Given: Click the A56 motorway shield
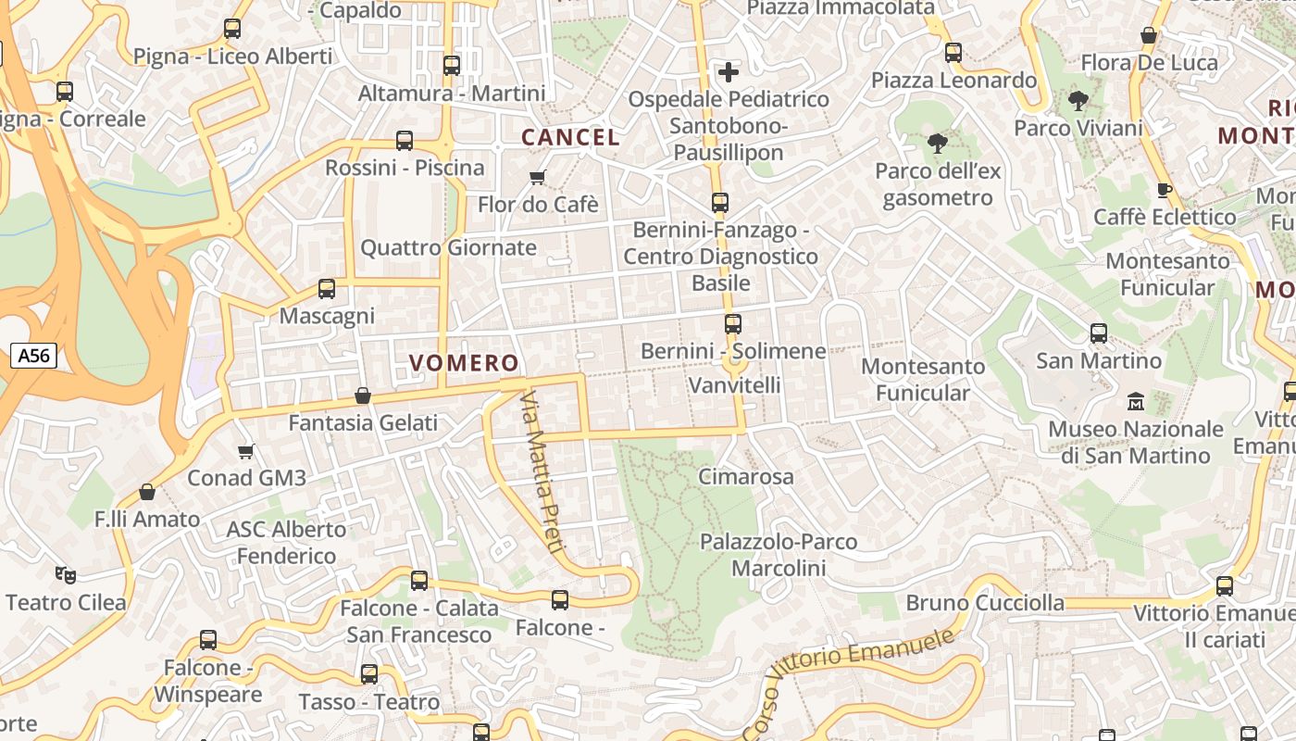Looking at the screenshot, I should tap(34, 355).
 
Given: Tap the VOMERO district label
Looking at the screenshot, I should tap(464, 363).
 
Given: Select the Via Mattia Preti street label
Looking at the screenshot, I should tap(542, 472).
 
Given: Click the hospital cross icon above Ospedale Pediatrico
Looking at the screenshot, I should tap(729, 71).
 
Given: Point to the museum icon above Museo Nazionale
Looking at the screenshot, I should tap(1135, 402).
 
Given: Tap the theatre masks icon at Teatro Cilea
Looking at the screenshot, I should tap(65, 575).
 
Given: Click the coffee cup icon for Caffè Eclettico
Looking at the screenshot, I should tap(1165, 190).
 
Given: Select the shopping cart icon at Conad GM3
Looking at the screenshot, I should tap(245, 451).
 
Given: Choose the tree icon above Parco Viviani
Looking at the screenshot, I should tap(1078, 100).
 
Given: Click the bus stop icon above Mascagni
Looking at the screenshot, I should tap(327, 288).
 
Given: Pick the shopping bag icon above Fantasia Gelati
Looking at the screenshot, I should tap(363, 396).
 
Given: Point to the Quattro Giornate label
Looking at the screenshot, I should tap(448, 247).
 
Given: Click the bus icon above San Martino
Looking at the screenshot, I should tap(1099, 333).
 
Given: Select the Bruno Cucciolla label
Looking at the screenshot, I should tap(985, 603).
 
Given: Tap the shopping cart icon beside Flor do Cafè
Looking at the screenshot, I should tap(537, 177).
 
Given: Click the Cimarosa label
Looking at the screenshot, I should tap(746, 477).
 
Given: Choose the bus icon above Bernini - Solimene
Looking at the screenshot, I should tap(733, 323).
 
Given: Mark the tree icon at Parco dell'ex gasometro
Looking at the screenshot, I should tap(937, 143).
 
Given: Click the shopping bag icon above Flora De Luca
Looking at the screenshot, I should tap(1149, 36).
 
